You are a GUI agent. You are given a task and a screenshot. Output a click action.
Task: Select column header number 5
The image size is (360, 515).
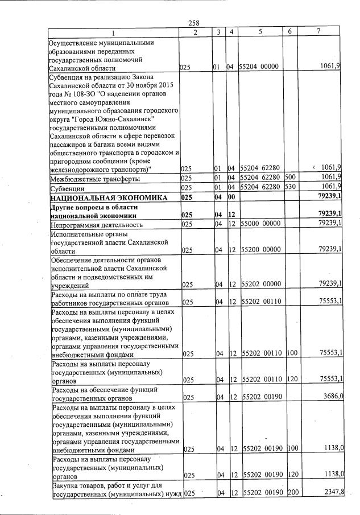259,32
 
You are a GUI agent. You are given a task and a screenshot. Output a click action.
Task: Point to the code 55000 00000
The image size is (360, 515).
260,224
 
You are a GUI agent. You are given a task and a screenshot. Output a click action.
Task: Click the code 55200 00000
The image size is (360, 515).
260,250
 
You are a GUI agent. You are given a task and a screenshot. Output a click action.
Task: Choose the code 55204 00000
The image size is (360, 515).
260,67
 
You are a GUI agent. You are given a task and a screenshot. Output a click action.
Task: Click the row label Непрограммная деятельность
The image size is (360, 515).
96,224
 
